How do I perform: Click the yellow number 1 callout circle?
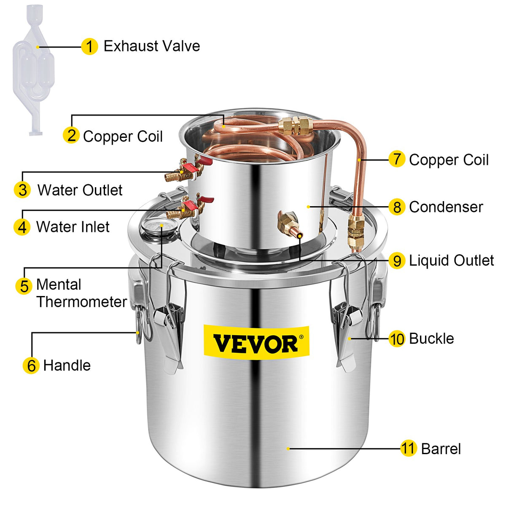(x=89, y=46)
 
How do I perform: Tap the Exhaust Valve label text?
(x=152, y=46)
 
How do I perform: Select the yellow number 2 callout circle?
(x=71, y=135)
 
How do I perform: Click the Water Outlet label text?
(x=80, y=190)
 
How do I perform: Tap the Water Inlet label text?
(x=73, y=227)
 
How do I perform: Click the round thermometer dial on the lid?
(x=153, y=227)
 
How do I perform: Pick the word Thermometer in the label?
(x=81, y=301)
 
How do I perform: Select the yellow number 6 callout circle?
(x=31, y=365)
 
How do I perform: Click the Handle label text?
(x=67, y=365)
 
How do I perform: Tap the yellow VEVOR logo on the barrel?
(x=256, y=343)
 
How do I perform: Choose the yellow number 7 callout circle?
(x=397, y=159)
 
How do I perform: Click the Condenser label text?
(x=446, y=207)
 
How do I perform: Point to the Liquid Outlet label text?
(x=451, y=261)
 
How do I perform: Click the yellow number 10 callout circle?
(x=397, y=339)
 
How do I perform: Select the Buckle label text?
(x=431, y=339)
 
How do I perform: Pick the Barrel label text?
(x=441, y=449)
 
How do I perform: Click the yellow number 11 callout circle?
(x=408, y=449)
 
